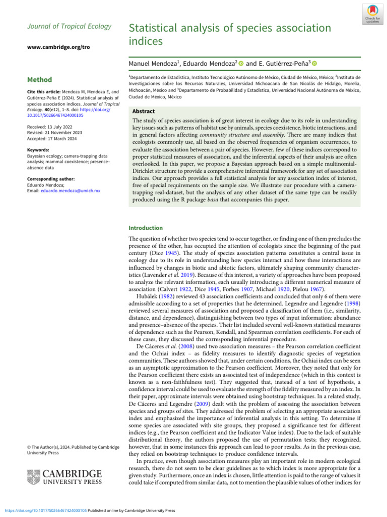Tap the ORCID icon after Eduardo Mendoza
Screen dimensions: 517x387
pos(241,64)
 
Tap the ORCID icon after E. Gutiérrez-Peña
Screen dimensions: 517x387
pos(314,64)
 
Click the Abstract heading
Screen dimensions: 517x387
pos(144,111)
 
